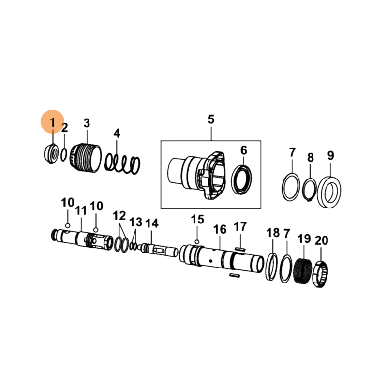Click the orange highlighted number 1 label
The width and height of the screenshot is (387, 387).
coord(52,122)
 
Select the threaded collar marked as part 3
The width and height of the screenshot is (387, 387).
coord(86,158)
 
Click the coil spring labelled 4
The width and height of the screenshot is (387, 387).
coord(122,164)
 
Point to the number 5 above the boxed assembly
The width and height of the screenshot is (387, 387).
coord(211,119)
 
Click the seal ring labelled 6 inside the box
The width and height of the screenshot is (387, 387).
coord(241,180)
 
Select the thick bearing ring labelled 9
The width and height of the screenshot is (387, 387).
coord(329,192)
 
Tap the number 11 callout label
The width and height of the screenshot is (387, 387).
coord(81,211)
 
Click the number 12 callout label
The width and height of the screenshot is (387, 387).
coord(119,216)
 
